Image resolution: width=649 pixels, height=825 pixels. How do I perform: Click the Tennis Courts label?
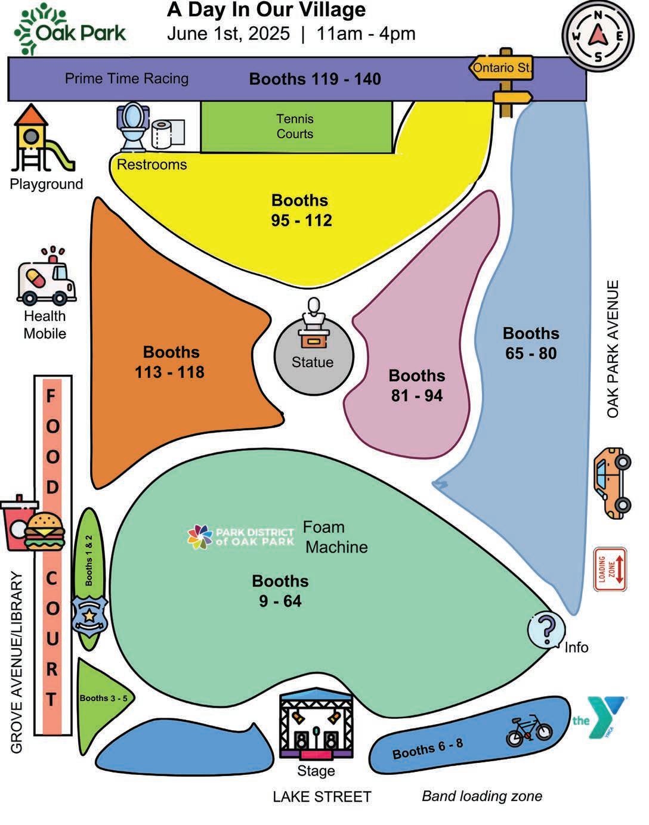(295, 126)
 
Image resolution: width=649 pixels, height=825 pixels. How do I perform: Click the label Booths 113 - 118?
(170, 362)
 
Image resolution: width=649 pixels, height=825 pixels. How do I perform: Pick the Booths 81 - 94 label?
(416, 385)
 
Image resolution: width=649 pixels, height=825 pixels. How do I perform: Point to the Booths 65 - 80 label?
(530, 343)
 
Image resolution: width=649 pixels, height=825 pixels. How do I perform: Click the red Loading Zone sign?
(610, 569)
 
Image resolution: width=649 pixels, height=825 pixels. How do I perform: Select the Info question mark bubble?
(546, 629)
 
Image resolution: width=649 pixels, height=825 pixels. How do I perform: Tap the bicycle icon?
(529, 731)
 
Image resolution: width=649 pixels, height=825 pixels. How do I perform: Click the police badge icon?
(89, 615)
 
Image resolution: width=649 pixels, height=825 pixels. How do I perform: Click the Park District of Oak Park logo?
(241, 536)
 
